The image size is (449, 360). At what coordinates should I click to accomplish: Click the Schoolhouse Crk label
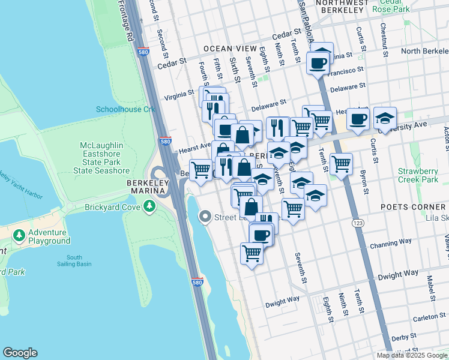125,109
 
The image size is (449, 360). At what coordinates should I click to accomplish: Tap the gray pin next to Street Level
205,217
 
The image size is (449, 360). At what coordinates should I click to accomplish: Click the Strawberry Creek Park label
418,175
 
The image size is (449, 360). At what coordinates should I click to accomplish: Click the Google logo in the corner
20,353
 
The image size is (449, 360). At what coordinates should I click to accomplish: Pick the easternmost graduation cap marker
385,118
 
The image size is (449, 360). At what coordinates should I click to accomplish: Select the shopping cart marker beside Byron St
341,163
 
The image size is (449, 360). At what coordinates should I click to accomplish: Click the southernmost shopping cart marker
252,253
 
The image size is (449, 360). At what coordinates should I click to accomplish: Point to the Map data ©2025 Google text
412,355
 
